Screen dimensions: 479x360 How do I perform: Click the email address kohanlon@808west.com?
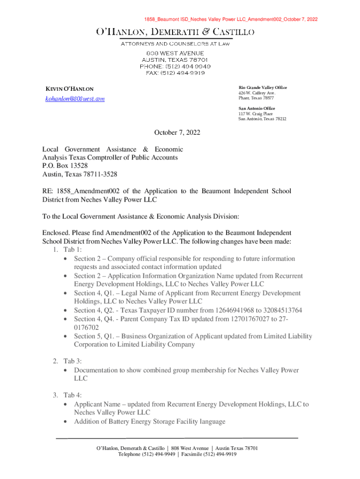(74, 99)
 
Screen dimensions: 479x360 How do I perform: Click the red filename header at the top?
(231, 19)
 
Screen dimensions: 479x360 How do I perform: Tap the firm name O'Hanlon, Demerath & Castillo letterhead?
(175, 32)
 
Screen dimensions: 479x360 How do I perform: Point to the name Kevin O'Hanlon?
(69, 89)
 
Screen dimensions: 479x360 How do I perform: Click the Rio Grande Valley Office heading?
(263, 88)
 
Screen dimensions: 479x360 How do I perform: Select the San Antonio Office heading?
(257, 109)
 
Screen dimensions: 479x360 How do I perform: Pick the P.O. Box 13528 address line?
(65, 166)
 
